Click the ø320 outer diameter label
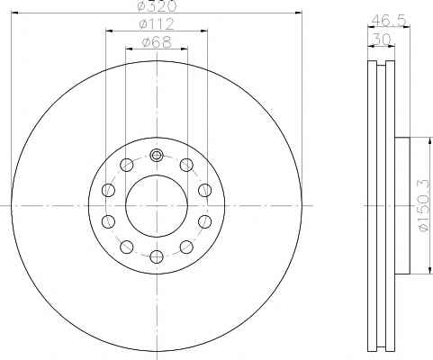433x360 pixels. pyautogui.click(x=157, y=6)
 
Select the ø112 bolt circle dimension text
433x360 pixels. pyautogui.click(x=157, y=24)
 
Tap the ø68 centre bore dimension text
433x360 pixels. pyautogui.click(x=157, y=42)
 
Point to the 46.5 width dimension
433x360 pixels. pyautogui.click(x=388, y=21)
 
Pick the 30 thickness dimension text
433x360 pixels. pyautogui.click(x=382, y=39)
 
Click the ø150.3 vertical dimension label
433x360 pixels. pyautogui.click(x=424, y=206)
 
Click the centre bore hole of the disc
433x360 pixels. pyautogui.click(x=157, y=206)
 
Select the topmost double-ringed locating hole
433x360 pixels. pyautogui.click(x=157, y=155)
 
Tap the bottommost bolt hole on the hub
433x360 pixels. pyautogui.click(x=157, y=256)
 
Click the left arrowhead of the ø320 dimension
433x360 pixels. pyautogui.click(x=14, y=13)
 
